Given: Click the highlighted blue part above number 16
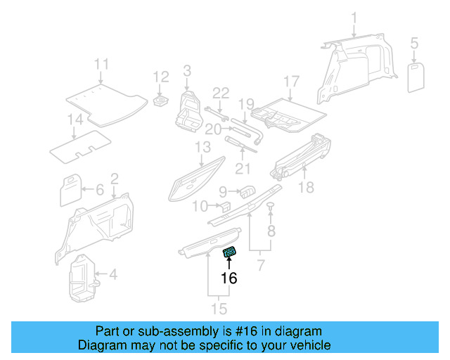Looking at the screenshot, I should pyautogui.click(x=230, y=253).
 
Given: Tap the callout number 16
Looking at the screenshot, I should pyautogui.click(x=229, y=278).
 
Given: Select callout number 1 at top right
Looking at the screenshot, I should pyautogui.click(x=354, y=17).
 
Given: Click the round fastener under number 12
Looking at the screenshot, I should pyautogui.click(x=161, y=103).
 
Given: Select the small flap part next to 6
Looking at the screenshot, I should pyautogui.click(x=71, y=189).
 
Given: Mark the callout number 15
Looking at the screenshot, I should pyautogui.click(x=220, y=309).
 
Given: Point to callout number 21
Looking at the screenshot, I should pyautogui.click(x=243, y=168).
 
